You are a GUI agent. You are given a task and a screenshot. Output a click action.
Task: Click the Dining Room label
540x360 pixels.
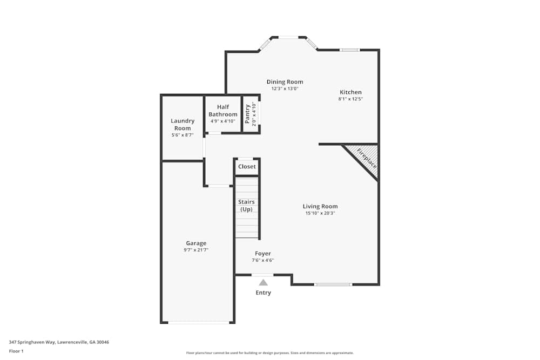tap(285, 82)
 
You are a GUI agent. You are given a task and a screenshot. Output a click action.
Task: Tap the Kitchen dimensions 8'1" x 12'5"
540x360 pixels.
tap(350, 99)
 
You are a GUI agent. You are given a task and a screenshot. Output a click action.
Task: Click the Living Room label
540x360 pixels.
tap(320, 206)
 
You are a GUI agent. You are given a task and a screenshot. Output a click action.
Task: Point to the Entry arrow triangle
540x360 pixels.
tap(263, 282)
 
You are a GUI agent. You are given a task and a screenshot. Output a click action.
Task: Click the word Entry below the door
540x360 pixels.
tap(263, 293)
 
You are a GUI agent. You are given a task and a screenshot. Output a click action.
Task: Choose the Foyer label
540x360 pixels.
tap(263, 254)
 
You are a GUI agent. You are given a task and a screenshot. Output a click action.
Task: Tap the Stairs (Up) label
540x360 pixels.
tap(247, 206)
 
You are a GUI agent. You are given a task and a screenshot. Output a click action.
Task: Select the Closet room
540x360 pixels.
tap(247, 167)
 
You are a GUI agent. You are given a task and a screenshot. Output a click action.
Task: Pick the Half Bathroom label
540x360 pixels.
tap(223, 111)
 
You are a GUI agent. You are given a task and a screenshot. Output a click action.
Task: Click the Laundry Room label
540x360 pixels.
tap(183, 124)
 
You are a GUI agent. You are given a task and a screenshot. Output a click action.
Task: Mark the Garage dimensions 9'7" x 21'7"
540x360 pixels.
tap(196, 250)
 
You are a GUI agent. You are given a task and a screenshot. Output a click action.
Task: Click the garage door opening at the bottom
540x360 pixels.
tap(198, 323)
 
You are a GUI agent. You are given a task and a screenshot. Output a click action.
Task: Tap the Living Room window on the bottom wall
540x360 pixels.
tap(333, 284)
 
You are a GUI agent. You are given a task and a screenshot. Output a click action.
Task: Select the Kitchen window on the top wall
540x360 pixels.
tap(349, 50)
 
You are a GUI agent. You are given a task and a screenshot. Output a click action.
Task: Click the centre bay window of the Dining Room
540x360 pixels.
tap(288, 37)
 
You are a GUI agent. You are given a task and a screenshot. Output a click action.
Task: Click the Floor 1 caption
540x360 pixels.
tap(16, 351)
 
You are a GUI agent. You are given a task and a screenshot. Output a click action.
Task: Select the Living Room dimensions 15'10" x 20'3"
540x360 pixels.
tap(320, 213)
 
